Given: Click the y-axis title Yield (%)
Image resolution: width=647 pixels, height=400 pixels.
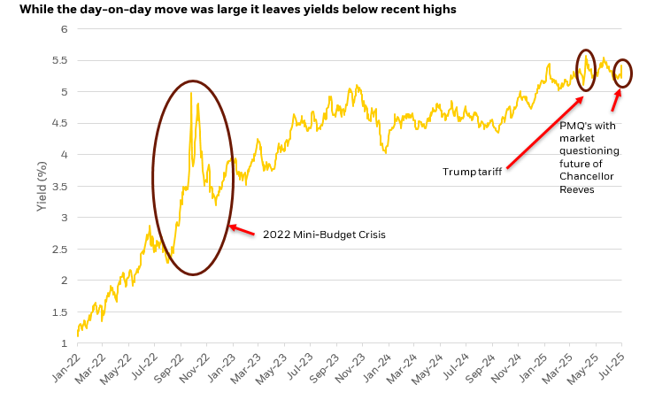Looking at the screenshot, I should pyautogui.click(x=41, y=186).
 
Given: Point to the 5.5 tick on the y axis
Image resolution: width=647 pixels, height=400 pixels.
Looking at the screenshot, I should pyautogui.click(x=62, y=60).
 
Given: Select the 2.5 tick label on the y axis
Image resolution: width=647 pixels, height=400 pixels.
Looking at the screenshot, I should pyautogui.click(x=62, y=249).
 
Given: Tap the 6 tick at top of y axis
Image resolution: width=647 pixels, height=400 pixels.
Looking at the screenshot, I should pyautogui.click(x=65, y=29).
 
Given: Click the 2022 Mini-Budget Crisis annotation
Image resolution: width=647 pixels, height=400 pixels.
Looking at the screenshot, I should pyautogui.click(x=323, y=235).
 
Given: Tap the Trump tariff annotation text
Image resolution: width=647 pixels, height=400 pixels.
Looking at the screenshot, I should pyautogui.click(x=472, y=171).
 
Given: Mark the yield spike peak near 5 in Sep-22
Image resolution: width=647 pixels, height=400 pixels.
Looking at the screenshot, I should pyautogui.click(x=191, y=92).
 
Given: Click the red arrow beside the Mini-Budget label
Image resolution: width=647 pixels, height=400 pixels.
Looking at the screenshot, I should pyautogui.click(x=243, y=230).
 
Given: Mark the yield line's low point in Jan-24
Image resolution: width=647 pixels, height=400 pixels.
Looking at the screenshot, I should pyautogui.click(x=386, y=152).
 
